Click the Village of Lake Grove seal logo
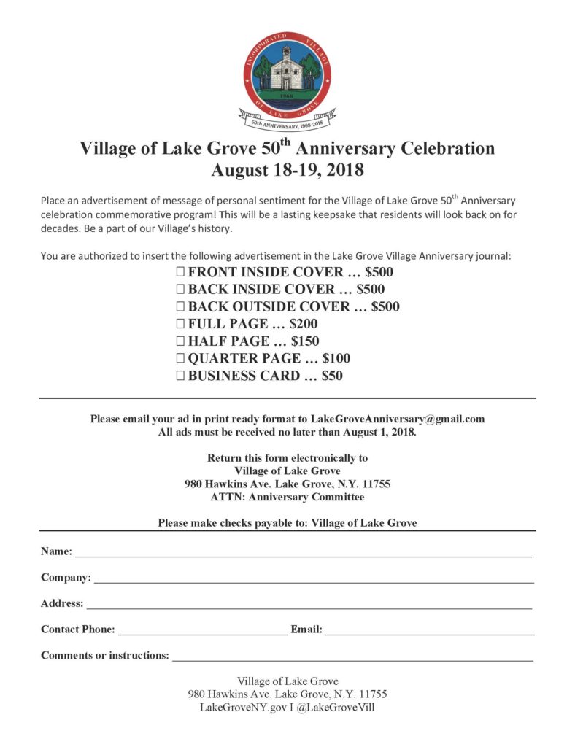[x=287, y=77]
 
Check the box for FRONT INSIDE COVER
[x=180, y=272]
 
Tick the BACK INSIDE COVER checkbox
[x=180, y=290]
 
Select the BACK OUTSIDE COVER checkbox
[x=180, y=307]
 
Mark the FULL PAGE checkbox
[x=180, y=324]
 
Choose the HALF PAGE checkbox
[x=180, y=341]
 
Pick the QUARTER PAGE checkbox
[x=180, y=359]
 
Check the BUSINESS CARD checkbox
[x=180, y=376]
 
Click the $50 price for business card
[x=332, y=376]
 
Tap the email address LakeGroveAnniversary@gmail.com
[x=398, y=419]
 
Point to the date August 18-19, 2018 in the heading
[x=287, y=171]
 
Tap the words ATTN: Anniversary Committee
[x=287, y=498]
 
